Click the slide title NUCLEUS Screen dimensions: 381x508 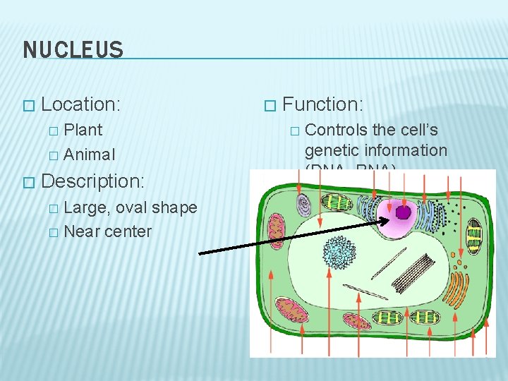(73, 50)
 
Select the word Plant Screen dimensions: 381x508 (83, 130)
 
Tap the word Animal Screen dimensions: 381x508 (89, 154)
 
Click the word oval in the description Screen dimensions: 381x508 (132, 207)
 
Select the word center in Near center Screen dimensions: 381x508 (128, 231)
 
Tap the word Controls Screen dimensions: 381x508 (335, 130)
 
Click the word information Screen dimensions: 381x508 (405, 150)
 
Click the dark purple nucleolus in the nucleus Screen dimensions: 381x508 (403, 212)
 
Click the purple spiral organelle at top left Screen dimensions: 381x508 (303, 205)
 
